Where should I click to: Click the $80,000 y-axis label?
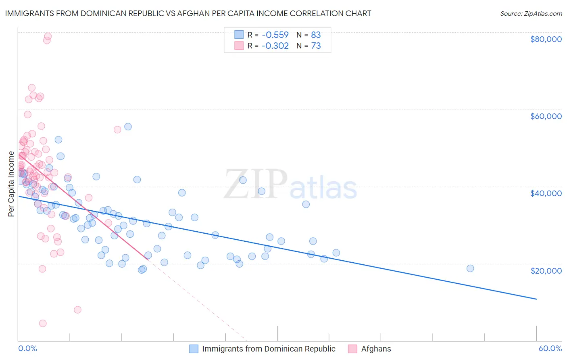click(x=546, y=39)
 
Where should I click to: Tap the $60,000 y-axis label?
click(x=546, y=116)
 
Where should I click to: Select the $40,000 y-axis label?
click(x=546, y=193)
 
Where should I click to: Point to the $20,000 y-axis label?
click(x=546, y=270)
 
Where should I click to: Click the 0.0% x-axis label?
click(x=27, y=349)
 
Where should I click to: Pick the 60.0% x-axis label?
click(x=550, y=349)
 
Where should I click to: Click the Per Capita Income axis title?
click(x=11, y=184)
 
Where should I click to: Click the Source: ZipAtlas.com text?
click(x=531, y=13)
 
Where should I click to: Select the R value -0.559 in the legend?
click(x=275, y=35)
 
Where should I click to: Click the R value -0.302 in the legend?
click(x=275, y=46)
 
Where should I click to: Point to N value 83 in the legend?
click(x=316, y=35)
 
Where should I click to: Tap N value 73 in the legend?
click(x=316, y=46)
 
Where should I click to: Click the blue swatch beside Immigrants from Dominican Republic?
click(x=194, y=349)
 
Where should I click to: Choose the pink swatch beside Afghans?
click(x=353, y=349)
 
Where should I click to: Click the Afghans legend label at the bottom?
click(x=376, y=349)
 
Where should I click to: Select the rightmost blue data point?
click(x=470, y=268)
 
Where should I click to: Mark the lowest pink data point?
click(x=43, y=323)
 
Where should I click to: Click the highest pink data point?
click(x=48, y=36)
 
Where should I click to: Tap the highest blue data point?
click(x=128, y=127)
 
